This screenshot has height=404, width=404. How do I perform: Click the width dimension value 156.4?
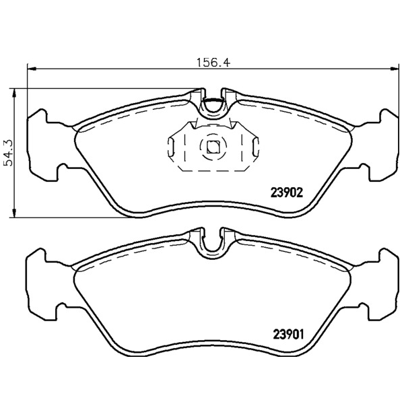click(x=213, y=63)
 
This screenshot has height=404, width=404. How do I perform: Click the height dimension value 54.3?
click(x=8, y=153)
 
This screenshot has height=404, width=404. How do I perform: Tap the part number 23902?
click(x=286, y=193)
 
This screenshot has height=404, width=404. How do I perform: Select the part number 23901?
click(x=288, y=335)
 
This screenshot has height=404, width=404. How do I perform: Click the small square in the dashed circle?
click(x=213, y=147)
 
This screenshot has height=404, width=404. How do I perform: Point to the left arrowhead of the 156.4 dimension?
click(x=31, y=69)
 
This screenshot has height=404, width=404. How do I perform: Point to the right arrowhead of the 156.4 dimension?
click(x=394, y=69)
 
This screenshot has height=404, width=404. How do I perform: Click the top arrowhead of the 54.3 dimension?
click(x=15, y=93)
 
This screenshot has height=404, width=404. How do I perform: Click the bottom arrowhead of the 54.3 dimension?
click(x=15, y=213)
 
